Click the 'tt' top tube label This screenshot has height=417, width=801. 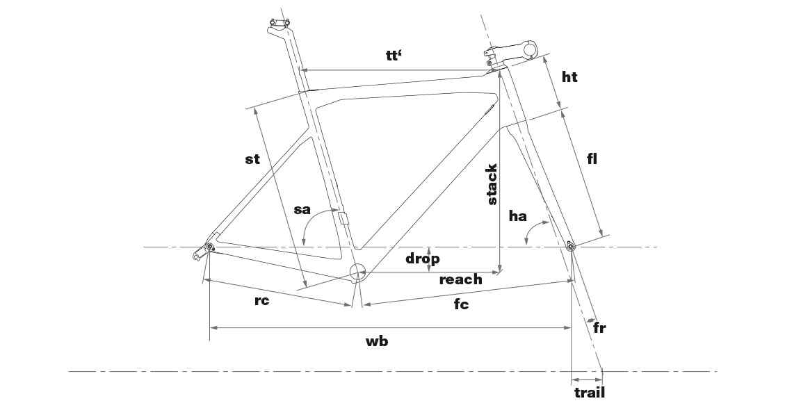click(x=394, y=55)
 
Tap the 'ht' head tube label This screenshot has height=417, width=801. click(x=569, y=76)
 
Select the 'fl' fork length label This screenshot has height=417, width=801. click(x=592, y=158)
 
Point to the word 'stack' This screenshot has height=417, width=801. click(x=492, y=184)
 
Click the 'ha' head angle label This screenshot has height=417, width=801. click(x=517, y=216)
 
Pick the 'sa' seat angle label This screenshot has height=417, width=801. click(x=302, y=209)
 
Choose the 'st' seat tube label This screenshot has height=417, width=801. click(x=252, y=159)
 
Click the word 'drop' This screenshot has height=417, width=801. click(x=423, y=259)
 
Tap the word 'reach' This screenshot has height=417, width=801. click(x=461, y=279)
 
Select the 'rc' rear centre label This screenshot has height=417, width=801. click(x=261, y=301)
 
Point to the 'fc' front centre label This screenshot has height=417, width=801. click(x=461, y=304)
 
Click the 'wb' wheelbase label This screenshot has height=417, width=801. click(x=377, y=341)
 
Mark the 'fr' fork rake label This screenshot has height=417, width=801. click(x=599, y=327)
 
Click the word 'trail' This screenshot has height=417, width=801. click(x=590, y=393)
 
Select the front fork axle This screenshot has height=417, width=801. click(x=571, y=247)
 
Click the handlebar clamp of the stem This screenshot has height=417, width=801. click(x=531, y=49)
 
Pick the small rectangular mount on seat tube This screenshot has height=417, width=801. click(x=343, y=218)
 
